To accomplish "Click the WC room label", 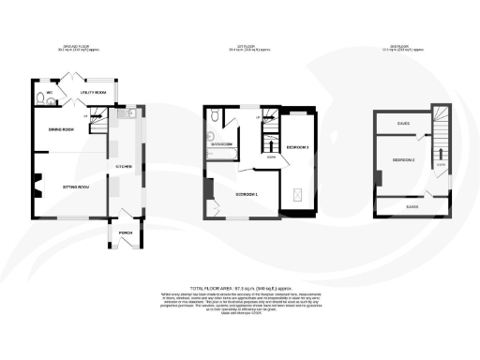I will coord(38,93).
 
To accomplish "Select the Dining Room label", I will coord(62,129).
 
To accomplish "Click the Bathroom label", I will coord(222,143).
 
